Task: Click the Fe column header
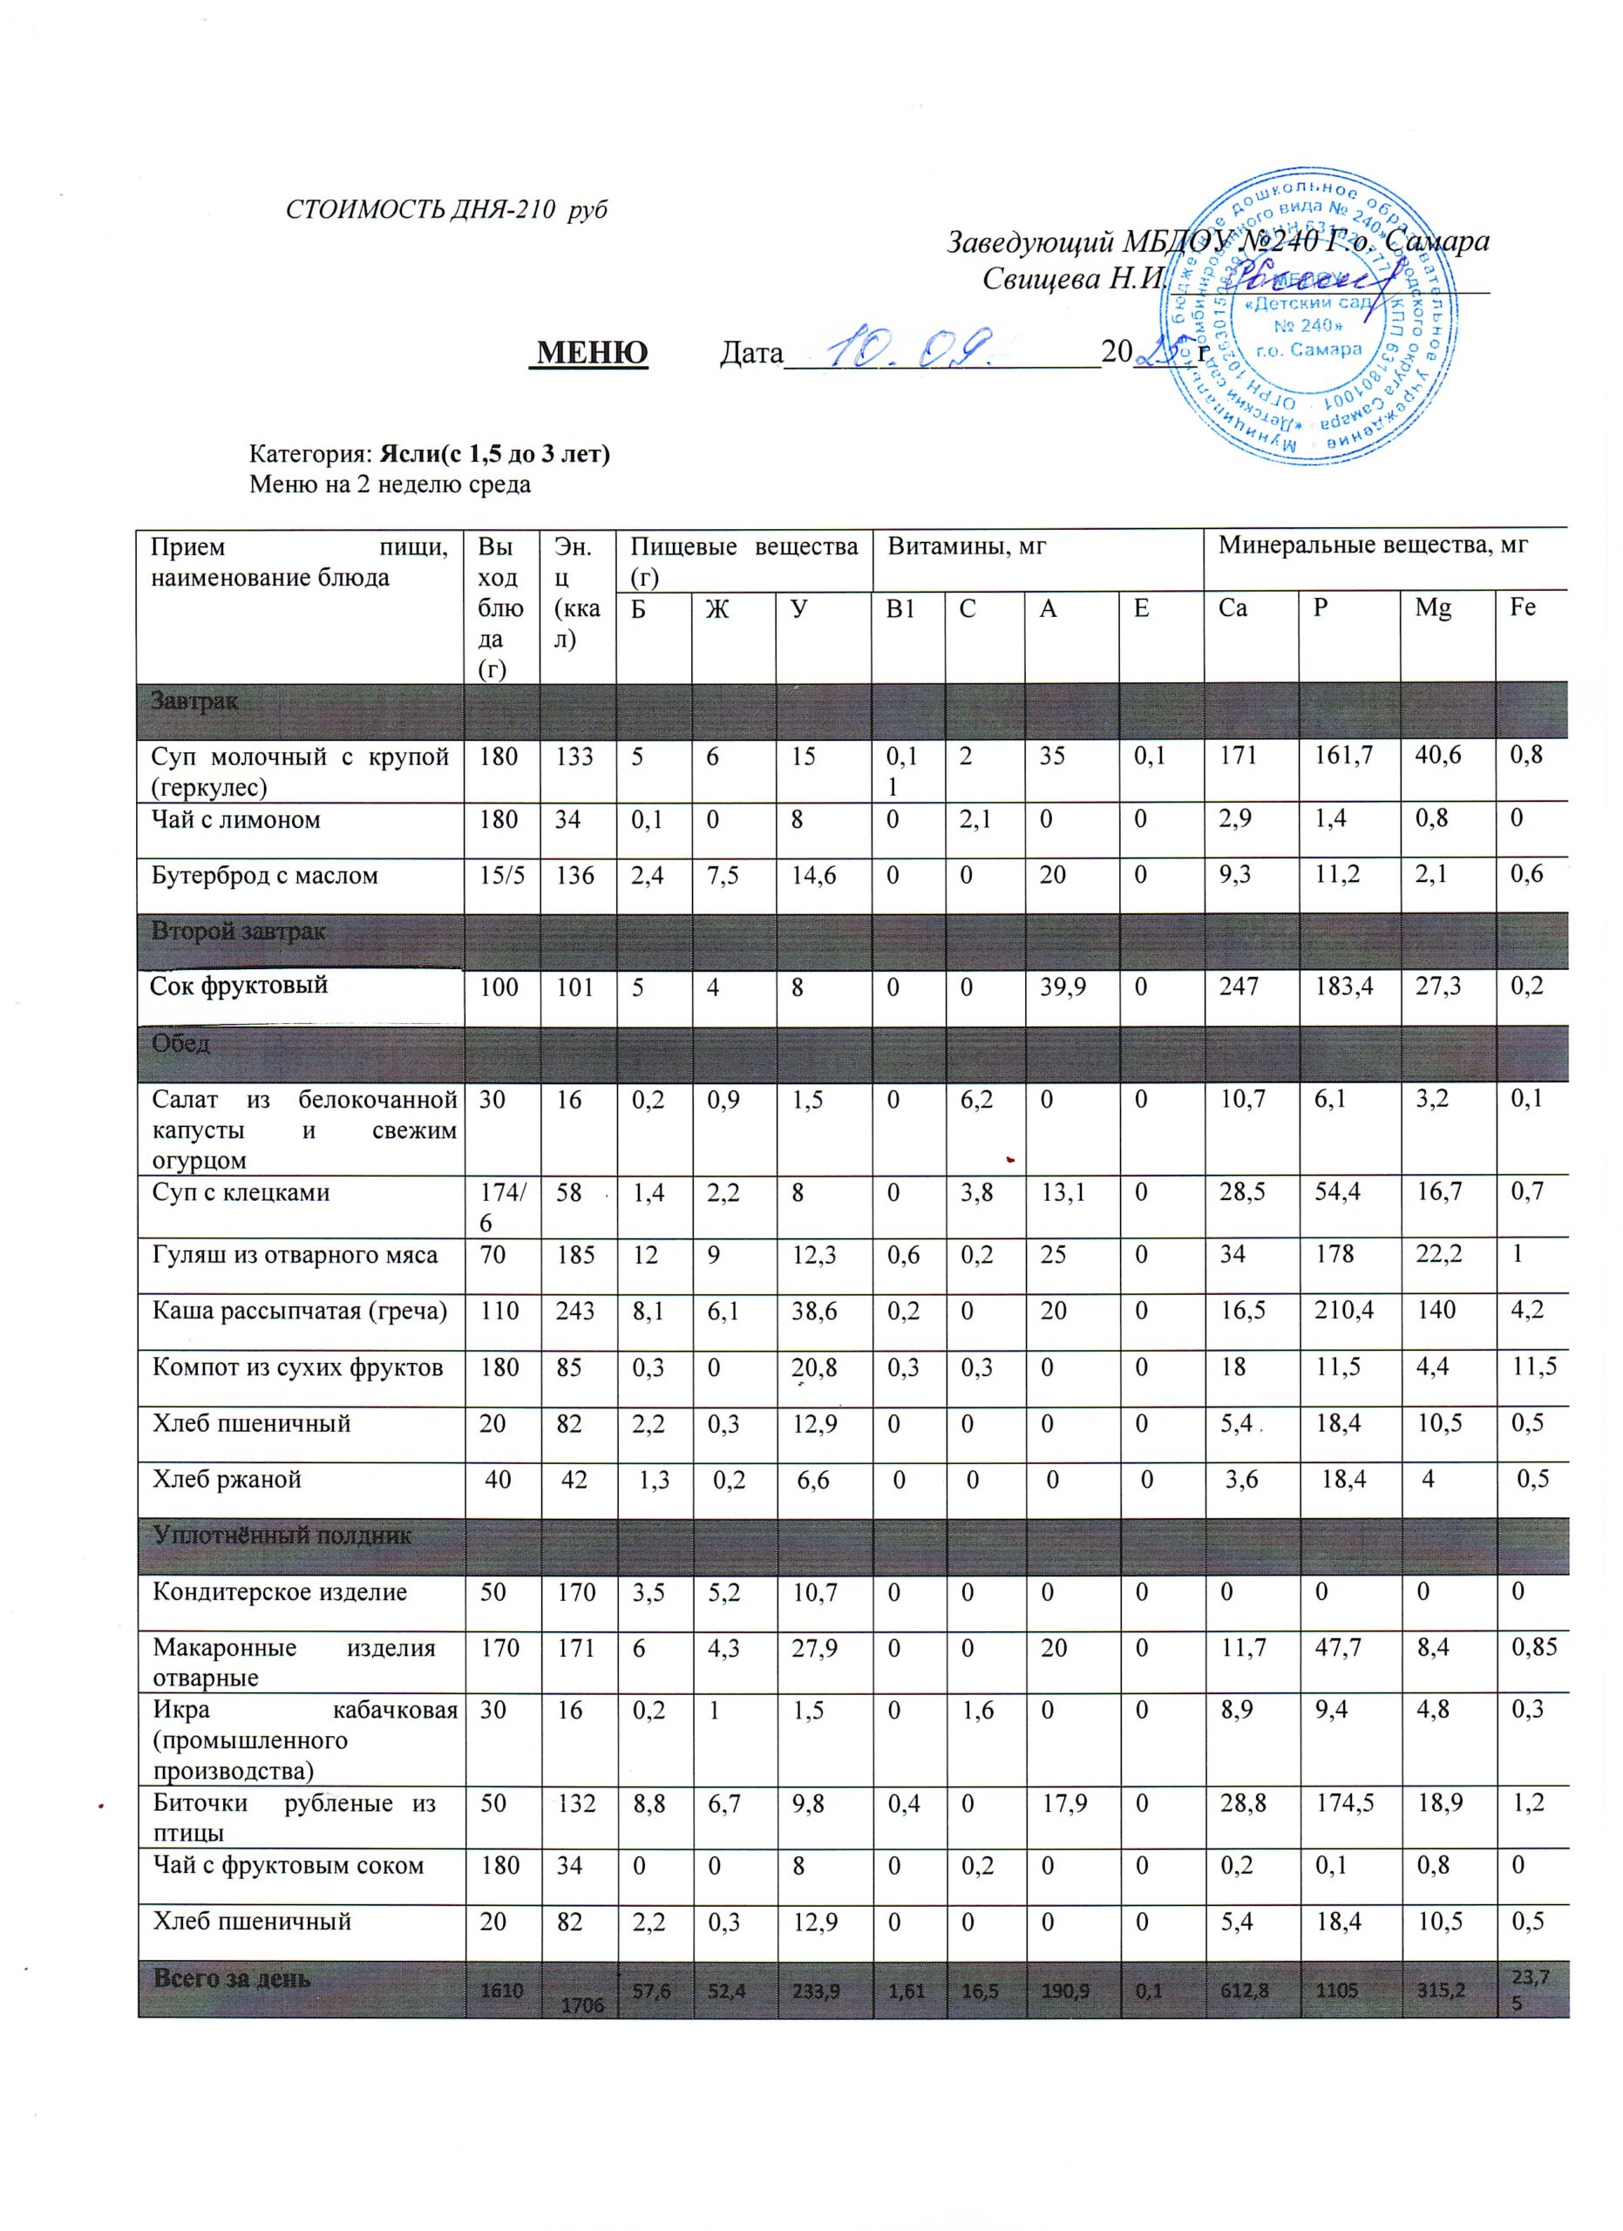pos(1522,608)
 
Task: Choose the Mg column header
pos(1433,608)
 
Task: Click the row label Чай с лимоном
pos(236,819)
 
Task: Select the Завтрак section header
pos(194,702)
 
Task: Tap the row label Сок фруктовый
pos(239,985)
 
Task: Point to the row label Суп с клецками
pos(241,1193)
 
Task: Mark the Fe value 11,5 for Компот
pos(1530,1367)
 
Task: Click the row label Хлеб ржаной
pos(227,1480)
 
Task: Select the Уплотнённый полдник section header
pos(282,1536)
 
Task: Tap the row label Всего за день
pos(231,1978)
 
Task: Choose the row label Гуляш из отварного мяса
pos(295,1255)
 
